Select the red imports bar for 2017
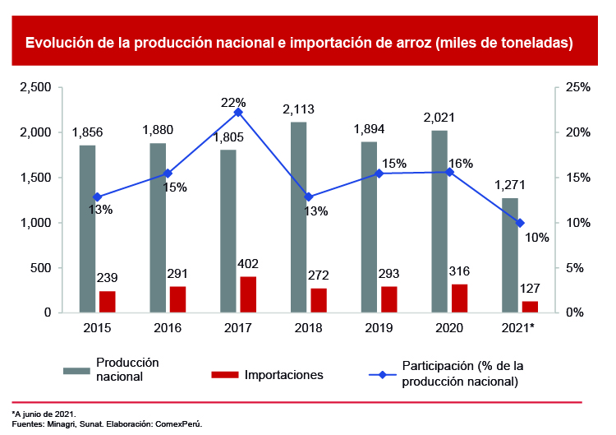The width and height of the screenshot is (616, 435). coord(248,294)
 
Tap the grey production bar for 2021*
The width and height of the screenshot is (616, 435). coord(510,255)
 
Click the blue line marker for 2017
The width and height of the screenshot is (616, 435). coord(238,112)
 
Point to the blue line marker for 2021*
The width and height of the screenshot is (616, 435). coord(520,223)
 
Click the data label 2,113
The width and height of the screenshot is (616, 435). coord(298,109)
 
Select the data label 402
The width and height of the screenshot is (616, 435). coord(247,264)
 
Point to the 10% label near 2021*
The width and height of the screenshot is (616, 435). coord(537,238)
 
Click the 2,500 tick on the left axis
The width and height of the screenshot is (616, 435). coord(35,87)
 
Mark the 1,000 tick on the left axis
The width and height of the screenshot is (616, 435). coord(35,223)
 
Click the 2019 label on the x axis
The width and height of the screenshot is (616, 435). coord(379,327)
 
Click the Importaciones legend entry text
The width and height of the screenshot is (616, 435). coord(283,375)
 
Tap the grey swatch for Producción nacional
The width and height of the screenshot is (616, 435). coord(76,370)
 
